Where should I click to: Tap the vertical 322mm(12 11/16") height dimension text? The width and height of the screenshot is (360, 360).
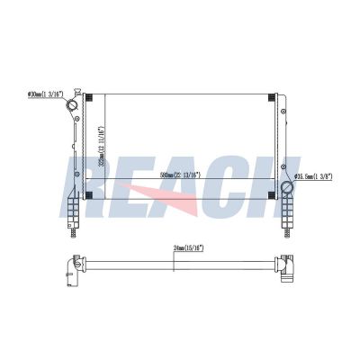pos(102,144)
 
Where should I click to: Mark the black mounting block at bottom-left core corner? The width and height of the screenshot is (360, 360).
pos(87,195)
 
